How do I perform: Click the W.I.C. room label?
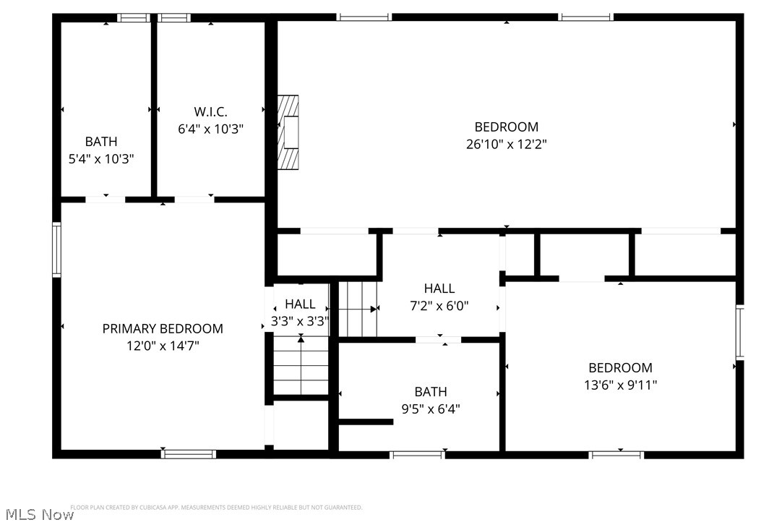pos(210,112)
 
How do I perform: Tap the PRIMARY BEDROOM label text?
pos(163,328)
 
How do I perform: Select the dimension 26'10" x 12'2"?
pos(506,144)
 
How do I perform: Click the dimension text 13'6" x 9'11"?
pos(620,385)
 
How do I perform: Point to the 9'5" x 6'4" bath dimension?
pos(430,409)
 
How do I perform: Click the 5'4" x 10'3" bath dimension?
pos(101,158)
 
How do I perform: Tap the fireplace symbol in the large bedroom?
pos(289,132)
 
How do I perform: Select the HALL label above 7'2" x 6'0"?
pos(439,289)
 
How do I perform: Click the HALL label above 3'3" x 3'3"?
pos(300,304)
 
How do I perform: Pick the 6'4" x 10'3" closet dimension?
pos(210,129)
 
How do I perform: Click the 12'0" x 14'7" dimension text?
pos(163,346)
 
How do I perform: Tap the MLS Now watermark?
pos(37,514)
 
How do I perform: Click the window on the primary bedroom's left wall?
pos(56,249)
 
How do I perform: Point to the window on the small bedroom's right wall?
pos(739,333)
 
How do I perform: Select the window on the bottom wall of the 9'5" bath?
pos(417,454)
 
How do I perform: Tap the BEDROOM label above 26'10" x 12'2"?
pos(506,127)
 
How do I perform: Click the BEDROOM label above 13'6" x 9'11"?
pos(620,367)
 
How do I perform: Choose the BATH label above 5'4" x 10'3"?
pos(101,142)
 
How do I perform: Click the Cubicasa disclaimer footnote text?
pos(216,508)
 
